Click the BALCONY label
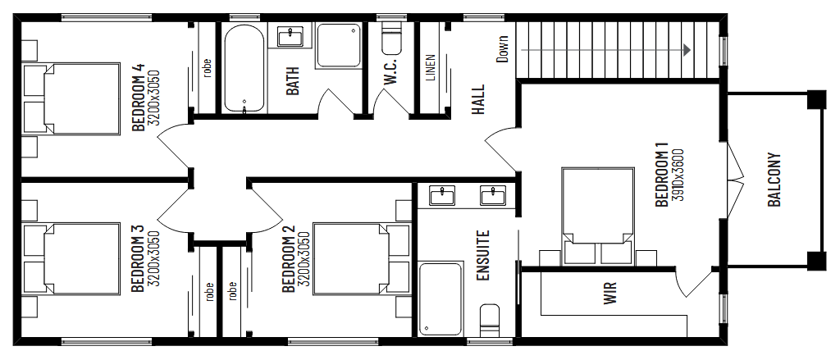coord(774,180)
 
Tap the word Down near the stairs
coord(502,48)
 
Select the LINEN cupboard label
coord(431,68)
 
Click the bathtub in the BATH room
coord(244,69)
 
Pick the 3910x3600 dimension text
coord(678,175)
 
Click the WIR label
coord(609,293)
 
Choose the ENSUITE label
coord(483,255)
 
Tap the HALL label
coord(478,100)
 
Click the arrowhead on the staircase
coord(685,50)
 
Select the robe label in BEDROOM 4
coord(207,66)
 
